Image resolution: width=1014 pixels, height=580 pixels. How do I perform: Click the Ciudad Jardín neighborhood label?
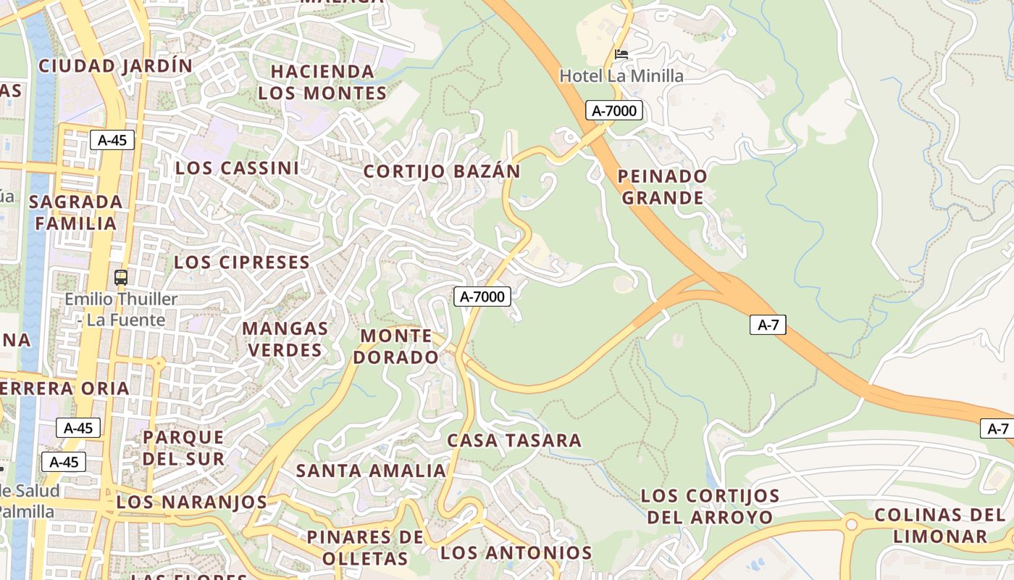point(116,66)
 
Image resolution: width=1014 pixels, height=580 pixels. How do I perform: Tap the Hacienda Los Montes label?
point(322,83)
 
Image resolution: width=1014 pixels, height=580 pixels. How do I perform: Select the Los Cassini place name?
point(237,168)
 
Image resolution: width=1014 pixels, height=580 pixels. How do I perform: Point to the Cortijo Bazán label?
point(442,172)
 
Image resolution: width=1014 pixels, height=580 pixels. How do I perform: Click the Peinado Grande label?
point(663,187)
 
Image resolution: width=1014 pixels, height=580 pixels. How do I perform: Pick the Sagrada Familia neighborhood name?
point(76,212)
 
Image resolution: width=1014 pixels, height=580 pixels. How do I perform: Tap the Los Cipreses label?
point(242,262)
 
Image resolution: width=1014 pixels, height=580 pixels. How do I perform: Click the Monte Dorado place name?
point(399,347)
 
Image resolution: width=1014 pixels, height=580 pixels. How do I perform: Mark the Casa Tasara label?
point(514,440)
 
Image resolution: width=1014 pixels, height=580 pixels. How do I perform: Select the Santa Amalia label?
point(371,471)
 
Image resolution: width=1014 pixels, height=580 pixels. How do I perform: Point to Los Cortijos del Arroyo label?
point(710,507)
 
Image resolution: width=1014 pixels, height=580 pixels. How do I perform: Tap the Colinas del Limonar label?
point(940,526)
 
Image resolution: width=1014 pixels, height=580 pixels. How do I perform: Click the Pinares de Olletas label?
point(365,547)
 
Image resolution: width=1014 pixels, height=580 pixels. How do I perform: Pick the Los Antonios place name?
point(516,552)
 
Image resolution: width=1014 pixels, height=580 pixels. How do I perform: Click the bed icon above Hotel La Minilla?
point(621,54)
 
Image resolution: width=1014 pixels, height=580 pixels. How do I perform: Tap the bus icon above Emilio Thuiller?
point(121,277)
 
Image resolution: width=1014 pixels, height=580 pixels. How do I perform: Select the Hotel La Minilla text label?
point(621,75)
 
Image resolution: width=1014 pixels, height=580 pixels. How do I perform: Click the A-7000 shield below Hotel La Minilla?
point(614,111)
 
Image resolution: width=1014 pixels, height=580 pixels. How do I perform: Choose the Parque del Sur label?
point(183,447)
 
